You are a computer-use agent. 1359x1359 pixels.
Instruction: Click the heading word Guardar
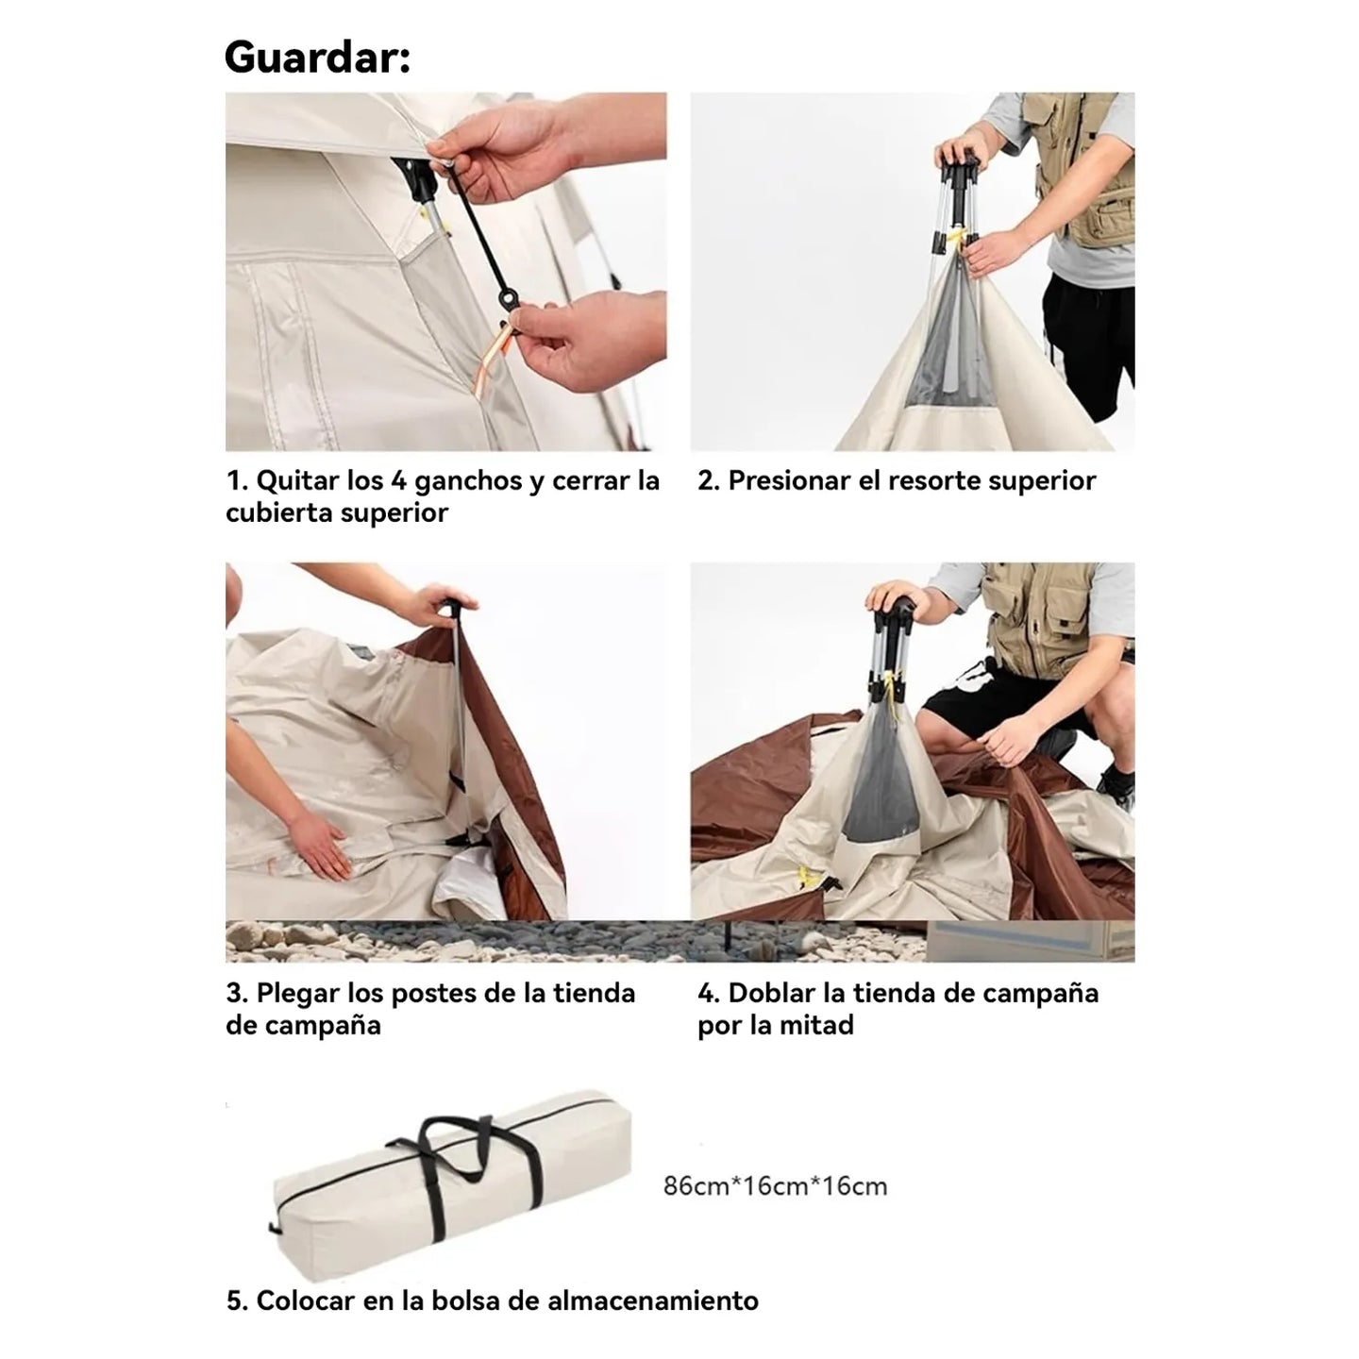coord(317,57)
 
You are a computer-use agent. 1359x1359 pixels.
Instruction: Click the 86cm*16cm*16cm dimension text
coord(775,1186)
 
